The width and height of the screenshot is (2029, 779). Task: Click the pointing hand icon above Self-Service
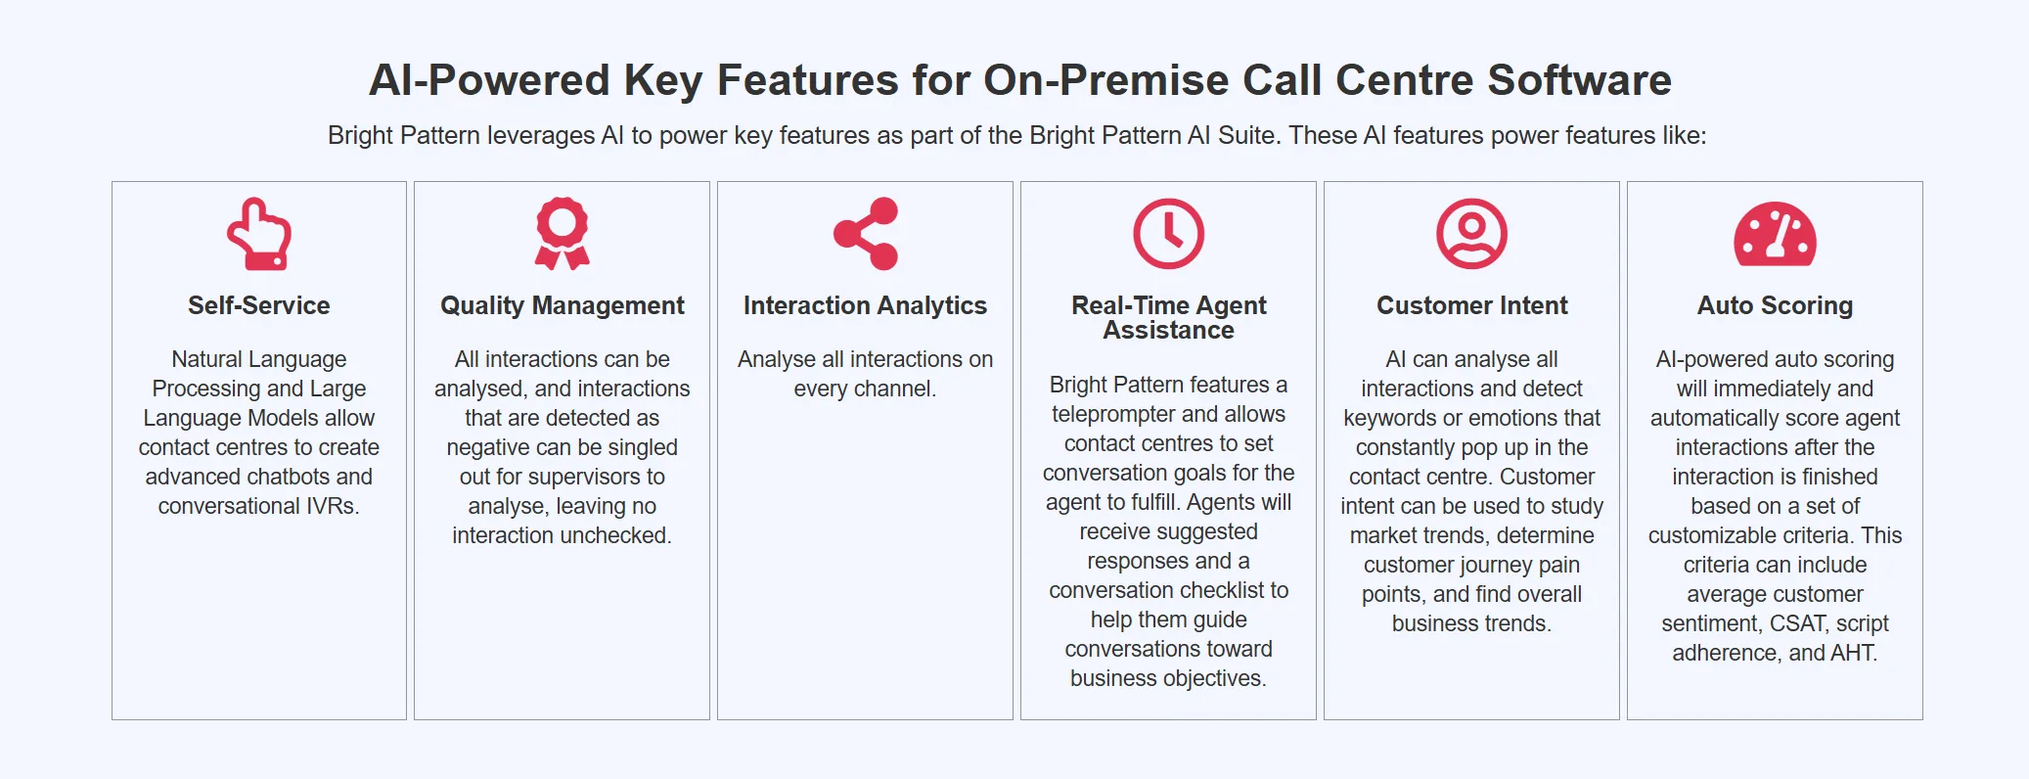259,234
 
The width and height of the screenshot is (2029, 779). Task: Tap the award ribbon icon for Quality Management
563,233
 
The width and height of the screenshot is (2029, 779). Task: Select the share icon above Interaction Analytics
866,234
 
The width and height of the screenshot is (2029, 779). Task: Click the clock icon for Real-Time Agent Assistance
1168,234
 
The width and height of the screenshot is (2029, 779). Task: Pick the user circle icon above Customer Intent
1471,234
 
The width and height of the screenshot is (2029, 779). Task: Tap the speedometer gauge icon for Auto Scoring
1775,235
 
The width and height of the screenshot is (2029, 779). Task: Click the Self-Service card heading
259,305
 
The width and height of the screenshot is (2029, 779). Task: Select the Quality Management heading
563,305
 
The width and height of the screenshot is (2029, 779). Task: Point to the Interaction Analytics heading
866,305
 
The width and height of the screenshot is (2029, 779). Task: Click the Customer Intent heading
1471,305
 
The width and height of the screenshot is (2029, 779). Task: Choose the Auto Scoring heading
1775,305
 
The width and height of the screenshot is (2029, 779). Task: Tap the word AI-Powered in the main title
489,80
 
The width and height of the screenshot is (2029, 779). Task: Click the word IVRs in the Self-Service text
332,506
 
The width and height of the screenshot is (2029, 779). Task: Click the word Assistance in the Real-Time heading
1168,331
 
